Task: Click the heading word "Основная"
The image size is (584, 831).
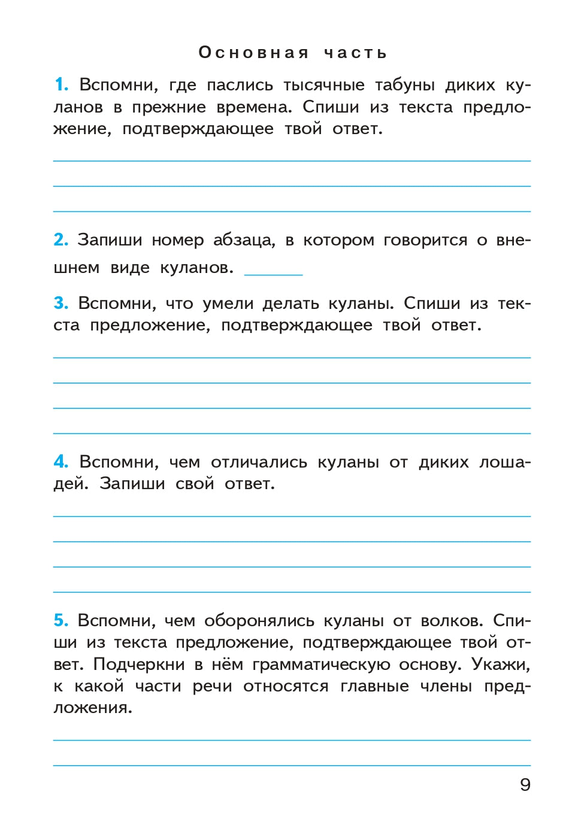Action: [x=253, y=53]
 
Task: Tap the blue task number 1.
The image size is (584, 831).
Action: [x=61, y=84]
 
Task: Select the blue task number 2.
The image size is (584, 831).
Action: [x=60, y=239]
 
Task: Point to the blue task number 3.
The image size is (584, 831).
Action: [x=60, y=303]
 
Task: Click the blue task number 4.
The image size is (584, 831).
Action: [x=60, y=462]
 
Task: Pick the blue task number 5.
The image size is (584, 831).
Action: [x=60, y=620]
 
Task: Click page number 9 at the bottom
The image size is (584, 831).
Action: [x=525, y=784]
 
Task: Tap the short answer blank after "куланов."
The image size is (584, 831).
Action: [x=273, y=271]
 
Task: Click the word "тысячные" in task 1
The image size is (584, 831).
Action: [x=323, y=85]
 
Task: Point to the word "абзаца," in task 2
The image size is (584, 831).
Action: [x=244, y=240]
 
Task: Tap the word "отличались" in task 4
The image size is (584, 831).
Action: [x=259, y=462]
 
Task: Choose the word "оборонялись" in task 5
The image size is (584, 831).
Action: [x=259, y=621]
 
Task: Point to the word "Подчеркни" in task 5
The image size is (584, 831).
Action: [x=139, y=665]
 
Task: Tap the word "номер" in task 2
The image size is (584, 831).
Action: [x=177, y=240]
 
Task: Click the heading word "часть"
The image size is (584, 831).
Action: [x=355, y=53]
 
